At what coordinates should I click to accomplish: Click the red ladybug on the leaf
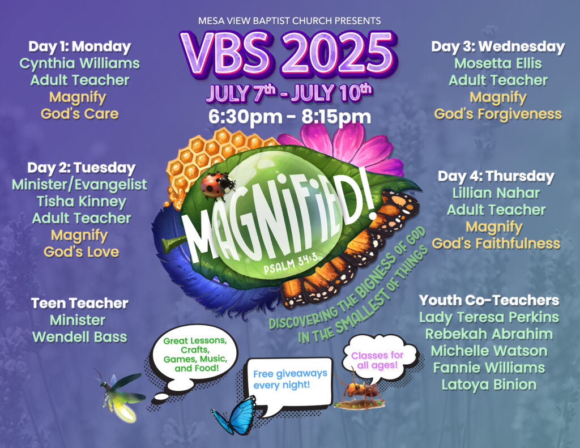217,185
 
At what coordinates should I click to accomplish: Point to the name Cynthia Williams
79,63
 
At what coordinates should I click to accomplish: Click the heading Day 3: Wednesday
498,46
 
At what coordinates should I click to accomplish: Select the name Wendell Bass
79,337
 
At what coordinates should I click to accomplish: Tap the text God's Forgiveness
498,114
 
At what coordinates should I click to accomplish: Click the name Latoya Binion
489,385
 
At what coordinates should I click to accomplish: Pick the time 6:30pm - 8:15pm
289,117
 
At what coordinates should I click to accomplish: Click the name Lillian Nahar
496,193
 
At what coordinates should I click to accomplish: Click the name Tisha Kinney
82,201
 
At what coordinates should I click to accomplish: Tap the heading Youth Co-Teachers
489,300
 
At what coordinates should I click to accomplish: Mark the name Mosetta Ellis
498,63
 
